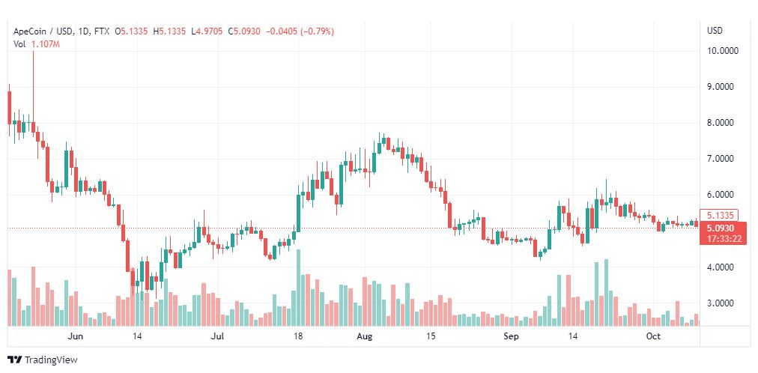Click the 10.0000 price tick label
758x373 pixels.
coord(723,51)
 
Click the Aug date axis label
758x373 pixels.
coord(365,336)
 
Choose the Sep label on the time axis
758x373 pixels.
coord(511,336)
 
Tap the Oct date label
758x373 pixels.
coord(653,336)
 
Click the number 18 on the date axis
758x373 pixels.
coord(298,336)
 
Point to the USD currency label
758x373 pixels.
coord(715,31)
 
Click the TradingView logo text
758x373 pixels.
coord(51,360)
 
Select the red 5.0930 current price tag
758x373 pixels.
coord(720,228)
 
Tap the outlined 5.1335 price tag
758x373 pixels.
coord(720,216)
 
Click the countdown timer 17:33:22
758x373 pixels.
coord(720,239)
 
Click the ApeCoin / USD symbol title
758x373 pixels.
coord(43,31)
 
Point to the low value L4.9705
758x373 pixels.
coord(207,31)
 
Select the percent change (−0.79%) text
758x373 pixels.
coord(317,31)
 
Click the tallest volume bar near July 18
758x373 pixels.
coord(298,288)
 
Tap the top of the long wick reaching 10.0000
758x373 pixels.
coord(34,51)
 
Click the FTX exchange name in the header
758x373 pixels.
coord(102,31)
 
